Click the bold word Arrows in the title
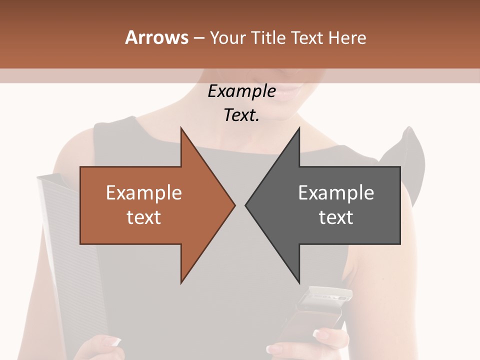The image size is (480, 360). tap(156, 37)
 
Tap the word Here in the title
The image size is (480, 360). tap(347, 37)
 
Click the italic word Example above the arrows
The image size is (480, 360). tap(241, 91)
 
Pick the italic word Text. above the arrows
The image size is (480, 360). tap(241, 115)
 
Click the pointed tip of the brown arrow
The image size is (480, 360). tap(234, 205)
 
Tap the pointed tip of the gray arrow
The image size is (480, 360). tap(246, 205)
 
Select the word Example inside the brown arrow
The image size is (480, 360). tap(144, 192)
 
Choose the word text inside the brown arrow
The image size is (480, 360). tap(144, 217)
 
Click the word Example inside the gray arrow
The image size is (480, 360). tap(336, 192)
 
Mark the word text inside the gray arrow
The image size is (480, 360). tap(336, 217)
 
